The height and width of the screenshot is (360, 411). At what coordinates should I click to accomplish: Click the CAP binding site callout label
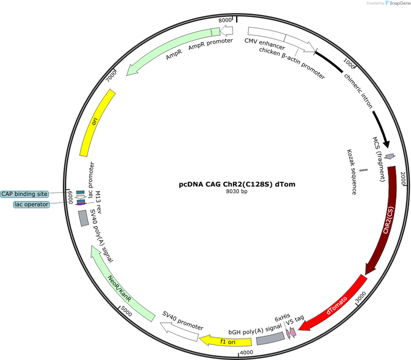(x=24, y=194)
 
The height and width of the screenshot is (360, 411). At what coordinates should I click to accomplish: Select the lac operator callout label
(x=32, y=204)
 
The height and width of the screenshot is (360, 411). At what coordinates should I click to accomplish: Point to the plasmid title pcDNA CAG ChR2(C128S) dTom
(x=237, y=184)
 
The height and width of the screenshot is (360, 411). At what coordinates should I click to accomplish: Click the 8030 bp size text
(x=237, y=191)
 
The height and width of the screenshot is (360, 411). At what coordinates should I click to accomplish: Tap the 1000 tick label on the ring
(x=349, y=63)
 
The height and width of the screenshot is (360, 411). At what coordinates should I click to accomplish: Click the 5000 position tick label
(x=126, y=311)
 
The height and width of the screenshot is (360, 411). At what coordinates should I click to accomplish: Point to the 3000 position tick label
(x=361, y=297)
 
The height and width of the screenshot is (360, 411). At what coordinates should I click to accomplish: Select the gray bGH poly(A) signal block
(x=270, y=338)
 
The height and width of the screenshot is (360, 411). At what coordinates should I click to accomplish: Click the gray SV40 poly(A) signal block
(x=84, y=218)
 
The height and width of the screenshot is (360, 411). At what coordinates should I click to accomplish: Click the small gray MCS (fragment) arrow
(x=390, y=157)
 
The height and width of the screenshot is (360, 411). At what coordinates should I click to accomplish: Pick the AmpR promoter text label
(x=210, y=44)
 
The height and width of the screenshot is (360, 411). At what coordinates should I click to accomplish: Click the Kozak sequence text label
(x=352, y=172)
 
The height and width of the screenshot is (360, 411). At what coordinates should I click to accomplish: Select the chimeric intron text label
(x=358, y=91)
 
